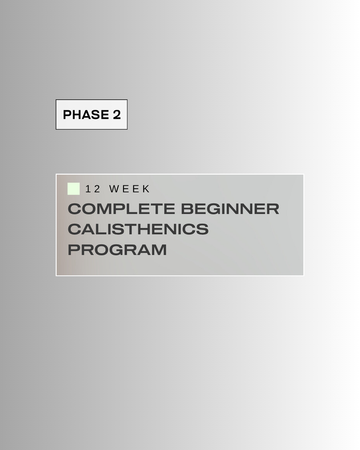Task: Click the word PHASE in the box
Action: (86, 114)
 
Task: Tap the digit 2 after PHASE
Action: (117, 114)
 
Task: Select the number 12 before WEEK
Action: (93, 189)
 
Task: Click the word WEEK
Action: (130, 189)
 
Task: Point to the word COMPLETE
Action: (121, 209)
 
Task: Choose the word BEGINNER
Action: (230, 209)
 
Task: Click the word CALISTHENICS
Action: (138, 229)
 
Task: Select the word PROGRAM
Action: (117, 249)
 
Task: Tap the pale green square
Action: (73, 189)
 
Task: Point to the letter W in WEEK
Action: (114, 189)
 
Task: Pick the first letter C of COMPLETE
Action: (75, 209)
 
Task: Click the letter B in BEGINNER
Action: (187, 209)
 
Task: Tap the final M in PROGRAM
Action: (159, 249)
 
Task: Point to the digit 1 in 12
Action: (87, 189)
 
